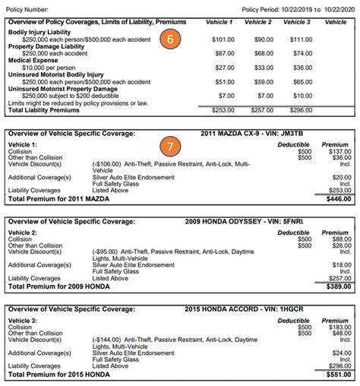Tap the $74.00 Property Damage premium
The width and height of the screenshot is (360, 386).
[302, 54]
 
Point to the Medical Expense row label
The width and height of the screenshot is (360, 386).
[35, 62]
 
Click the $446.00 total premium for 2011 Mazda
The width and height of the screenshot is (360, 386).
[337, 198]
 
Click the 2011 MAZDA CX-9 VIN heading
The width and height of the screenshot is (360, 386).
[261, 134]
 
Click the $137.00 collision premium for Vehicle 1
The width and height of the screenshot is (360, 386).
[339, 150]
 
